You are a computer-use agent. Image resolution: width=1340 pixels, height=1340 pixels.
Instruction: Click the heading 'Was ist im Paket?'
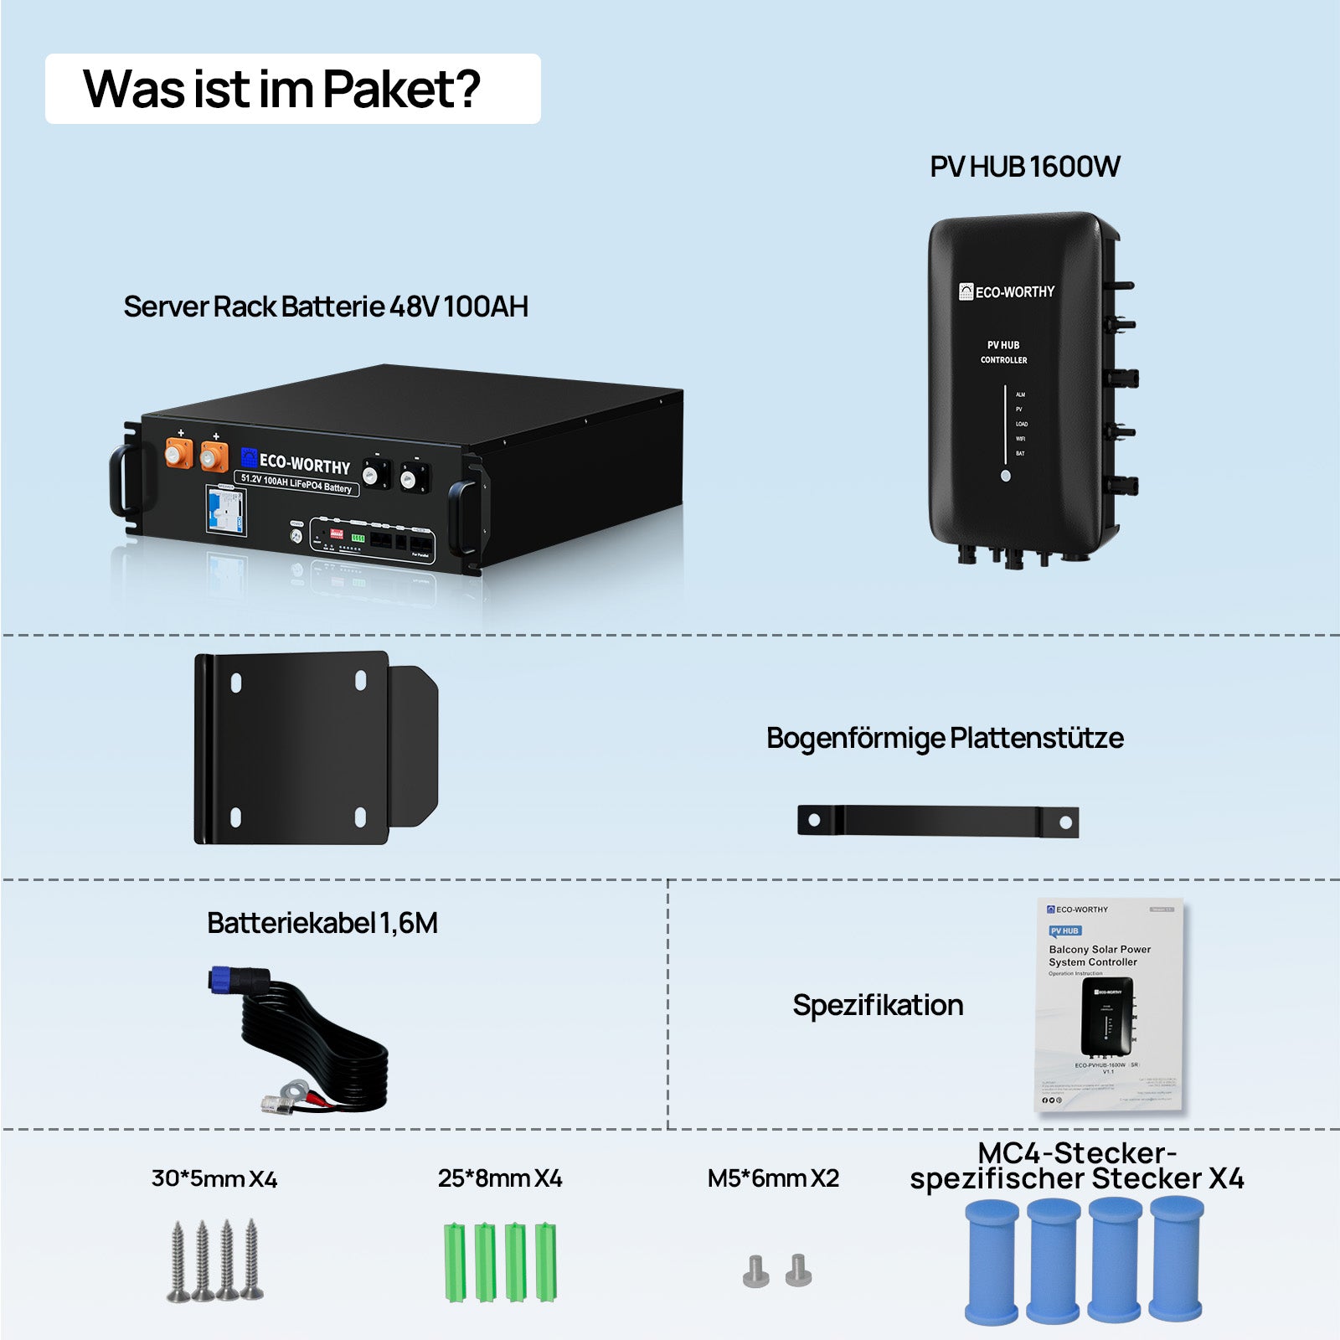coord(282,90)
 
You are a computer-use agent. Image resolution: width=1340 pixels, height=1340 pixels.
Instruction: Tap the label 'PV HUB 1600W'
coord(1024,167)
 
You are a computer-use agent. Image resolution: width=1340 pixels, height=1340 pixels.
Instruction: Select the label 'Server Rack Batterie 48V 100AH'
coord(326,307)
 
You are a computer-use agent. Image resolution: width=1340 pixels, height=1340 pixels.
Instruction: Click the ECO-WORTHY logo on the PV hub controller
coord(1007,292)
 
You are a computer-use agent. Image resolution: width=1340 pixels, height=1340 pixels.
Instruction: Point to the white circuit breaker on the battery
coord(226,510)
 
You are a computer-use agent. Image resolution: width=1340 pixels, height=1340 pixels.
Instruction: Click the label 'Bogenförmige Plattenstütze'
coord(945,738)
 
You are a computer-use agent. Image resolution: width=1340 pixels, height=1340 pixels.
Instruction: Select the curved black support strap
coord(938,821)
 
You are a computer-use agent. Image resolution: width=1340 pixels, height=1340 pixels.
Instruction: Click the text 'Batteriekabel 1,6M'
coord(322,923)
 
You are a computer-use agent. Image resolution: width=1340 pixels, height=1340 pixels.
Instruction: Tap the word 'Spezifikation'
coord(878,1005)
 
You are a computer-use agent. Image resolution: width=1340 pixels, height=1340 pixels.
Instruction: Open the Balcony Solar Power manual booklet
coord(1110,1005)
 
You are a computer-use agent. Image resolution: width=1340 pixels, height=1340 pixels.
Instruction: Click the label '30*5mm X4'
coord(214,1179)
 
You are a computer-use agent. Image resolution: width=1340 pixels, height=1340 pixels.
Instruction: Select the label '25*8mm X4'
coord(500,1179)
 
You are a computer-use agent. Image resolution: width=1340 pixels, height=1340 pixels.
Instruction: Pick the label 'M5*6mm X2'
coord(773,1179)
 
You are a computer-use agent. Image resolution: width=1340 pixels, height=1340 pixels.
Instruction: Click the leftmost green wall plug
coord(455,1262)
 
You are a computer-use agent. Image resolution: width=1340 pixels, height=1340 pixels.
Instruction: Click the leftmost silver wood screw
coord(178,1262)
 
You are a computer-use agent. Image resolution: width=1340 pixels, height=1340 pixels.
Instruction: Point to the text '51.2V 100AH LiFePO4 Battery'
coord(296,483)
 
